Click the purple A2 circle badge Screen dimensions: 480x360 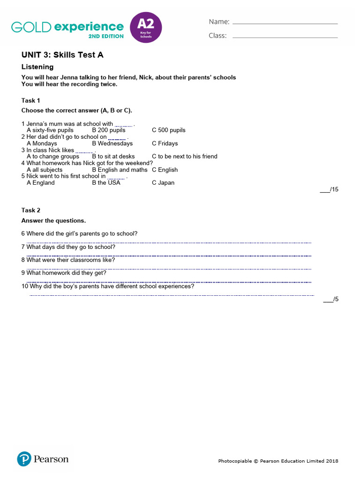coord(145,28)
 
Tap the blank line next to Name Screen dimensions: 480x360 coord(285,23)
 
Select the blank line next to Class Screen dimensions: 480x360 coord(285,37)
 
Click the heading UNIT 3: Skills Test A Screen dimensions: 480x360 coord(62,55)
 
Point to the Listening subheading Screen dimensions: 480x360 coord(37,67)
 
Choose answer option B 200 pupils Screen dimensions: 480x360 coord(109,130)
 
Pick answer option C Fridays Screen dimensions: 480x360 coord(165,143)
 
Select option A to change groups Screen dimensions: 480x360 coord(53,157)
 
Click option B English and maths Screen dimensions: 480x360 coord(120,170)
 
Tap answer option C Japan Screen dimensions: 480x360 coord(163,183)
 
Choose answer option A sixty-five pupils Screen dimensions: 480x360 coord(50,130)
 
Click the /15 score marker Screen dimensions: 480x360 coord(329,189)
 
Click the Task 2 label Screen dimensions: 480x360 coord(31,210)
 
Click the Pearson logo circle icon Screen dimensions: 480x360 coord(24,459)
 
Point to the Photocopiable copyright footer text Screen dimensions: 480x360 coord(278,461)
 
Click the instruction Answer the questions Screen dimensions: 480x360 coord(54,221)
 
